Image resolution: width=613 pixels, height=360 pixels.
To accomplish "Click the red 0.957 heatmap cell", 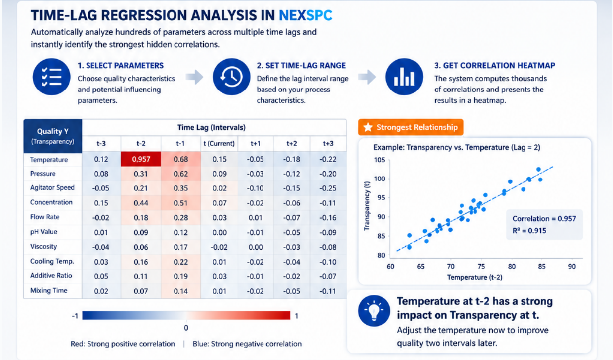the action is [x=141, y=159].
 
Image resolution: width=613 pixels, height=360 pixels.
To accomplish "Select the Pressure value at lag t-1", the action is [x=180, y=174].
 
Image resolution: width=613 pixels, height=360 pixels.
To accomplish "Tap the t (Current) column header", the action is [x=219, y=143].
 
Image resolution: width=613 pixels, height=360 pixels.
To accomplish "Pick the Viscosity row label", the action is [x=44, y=247].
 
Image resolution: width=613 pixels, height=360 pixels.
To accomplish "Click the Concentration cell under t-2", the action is [x=141, y=203].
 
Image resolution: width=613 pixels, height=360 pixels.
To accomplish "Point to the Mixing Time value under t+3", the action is [x=328, y=291].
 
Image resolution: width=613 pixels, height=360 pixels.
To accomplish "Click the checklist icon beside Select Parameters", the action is [x=51, y=77].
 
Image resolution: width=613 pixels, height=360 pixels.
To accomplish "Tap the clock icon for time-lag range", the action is [x=232, y=77].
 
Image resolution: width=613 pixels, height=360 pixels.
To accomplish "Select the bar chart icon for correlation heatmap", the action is [x=404, y=77].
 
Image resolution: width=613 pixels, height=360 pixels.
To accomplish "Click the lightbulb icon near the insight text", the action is [x=374, y=311].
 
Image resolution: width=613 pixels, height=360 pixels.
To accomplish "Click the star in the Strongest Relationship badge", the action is [x=368, y=127].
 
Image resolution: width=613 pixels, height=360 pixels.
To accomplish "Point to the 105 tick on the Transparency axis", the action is [x=379, y=160].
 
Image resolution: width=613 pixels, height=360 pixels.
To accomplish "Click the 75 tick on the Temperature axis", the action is [x=481, y=267].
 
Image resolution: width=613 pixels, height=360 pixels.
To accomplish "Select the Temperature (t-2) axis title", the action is [x=475, y=277].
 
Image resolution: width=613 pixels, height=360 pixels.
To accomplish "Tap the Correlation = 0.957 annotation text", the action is [x=544, y=218].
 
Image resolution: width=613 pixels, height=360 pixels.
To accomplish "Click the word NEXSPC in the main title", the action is [x=305, y=15].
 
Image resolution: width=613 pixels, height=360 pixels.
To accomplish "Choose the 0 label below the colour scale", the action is [x=186, y=328].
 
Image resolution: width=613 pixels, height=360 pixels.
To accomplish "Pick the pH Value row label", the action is [x=44, y=232].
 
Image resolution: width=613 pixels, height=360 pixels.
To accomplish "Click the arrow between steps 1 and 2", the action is [x=194, y=77].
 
